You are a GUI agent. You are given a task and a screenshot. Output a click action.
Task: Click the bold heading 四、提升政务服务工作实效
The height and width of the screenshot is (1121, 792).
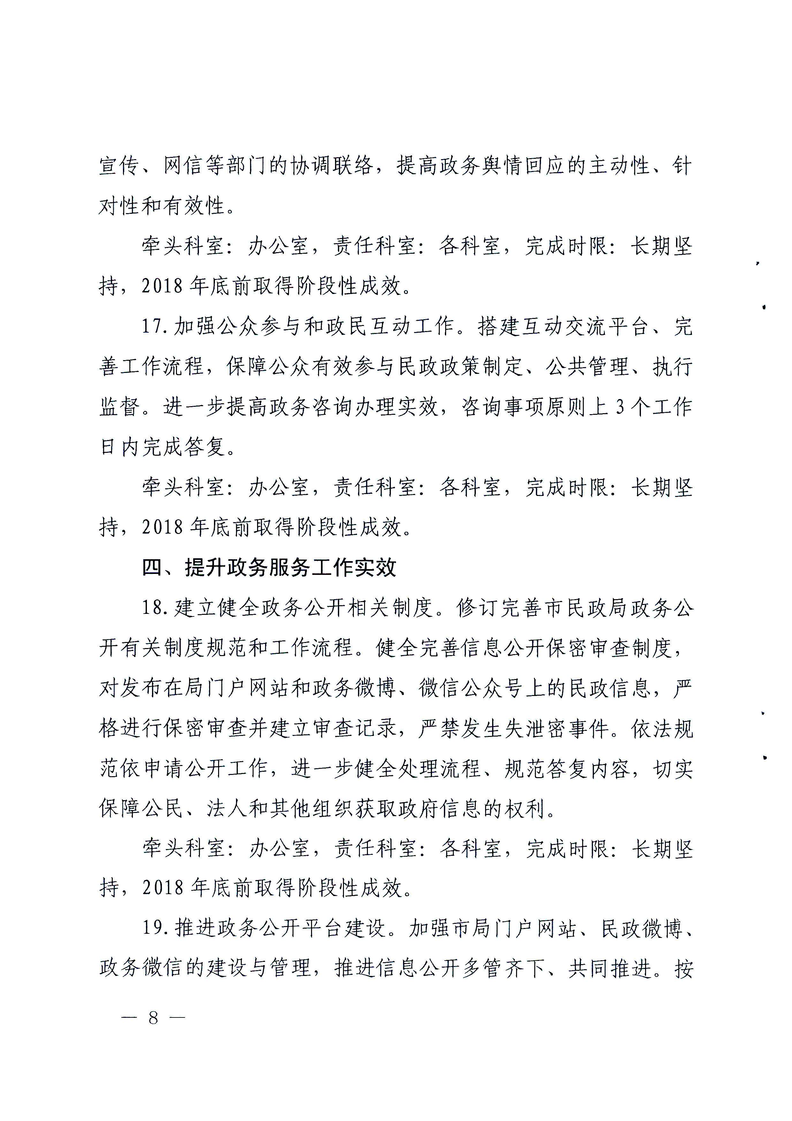[269, 567]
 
